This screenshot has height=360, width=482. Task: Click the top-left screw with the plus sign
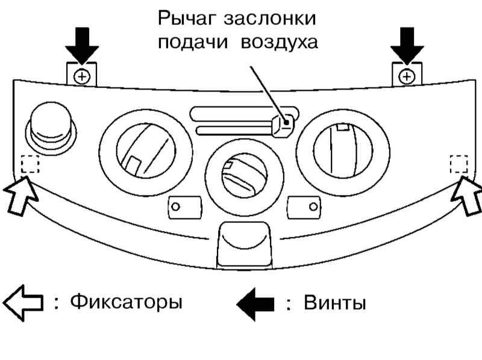tap(82, 76)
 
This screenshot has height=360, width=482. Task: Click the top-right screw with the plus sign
tap(407, 76)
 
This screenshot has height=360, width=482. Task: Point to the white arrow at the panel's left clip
tap(20, 196)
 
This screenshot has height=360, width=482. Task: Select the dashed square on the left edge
tap(30, 164)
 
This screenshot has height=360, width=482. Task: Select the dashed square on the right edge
tap(459, 164)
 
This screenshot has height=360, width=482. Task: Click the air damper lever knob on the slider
tap(283, 125)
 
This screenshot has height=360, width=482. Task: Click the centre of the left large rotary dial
tap(146, 151)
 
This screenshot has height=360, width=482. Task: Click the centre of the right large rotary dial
tap(343, 151)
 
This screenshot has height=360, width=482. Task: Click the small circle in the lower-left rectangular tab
tap(175, 206)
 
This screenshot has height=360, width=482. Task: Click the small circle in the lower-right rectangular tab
tap(313, 206)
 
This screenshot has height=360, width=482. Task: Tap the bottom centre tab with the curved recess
tap(245, 245)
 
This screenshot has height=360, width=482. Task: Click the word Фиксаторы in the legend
tap(127, 303)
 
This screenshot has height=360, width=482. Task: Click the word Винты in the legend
tap(335, 303)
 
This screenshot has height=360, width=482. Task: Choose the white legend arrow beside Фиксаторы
tap(23, 303)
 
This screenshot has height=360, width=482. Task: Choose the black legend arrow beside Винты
tap(255, 304)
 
